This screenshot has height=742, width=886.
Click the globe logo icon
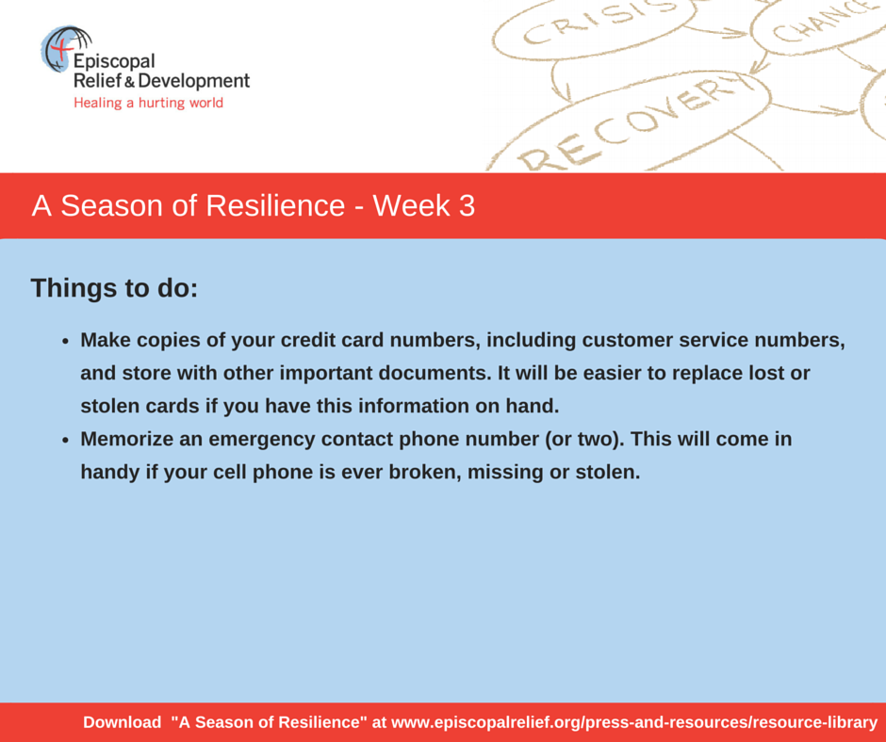[66, 49]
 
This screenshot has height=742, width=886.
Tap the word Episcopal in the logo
[114, 61]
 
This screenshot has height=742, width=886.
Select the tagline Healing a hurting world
[149, 103]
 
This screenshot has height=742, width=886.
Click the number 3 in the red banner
[467, 205]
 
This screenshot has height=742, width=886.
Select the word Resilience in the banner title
[275, 205]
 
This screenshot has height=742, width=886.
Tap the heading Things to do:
[115, 288]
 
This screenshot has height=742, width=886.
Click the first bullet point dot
[66, 342]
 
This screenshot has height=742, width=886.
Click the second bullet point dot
[66, 441]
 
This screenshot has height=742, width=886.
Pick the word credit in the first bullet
[306, 340]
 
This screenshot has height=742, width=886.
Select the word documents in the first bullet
[434, 373]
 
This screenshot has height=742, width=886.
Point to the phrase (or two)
[584, 440]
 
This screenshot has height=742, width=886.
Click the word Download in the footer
[122, 722]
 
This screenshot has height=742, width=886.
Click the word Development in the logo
[194, 81]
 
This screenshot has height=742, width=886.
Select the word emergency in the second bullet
[262, 440]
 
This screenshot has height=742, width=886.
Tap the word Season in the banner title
[111, 205]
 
